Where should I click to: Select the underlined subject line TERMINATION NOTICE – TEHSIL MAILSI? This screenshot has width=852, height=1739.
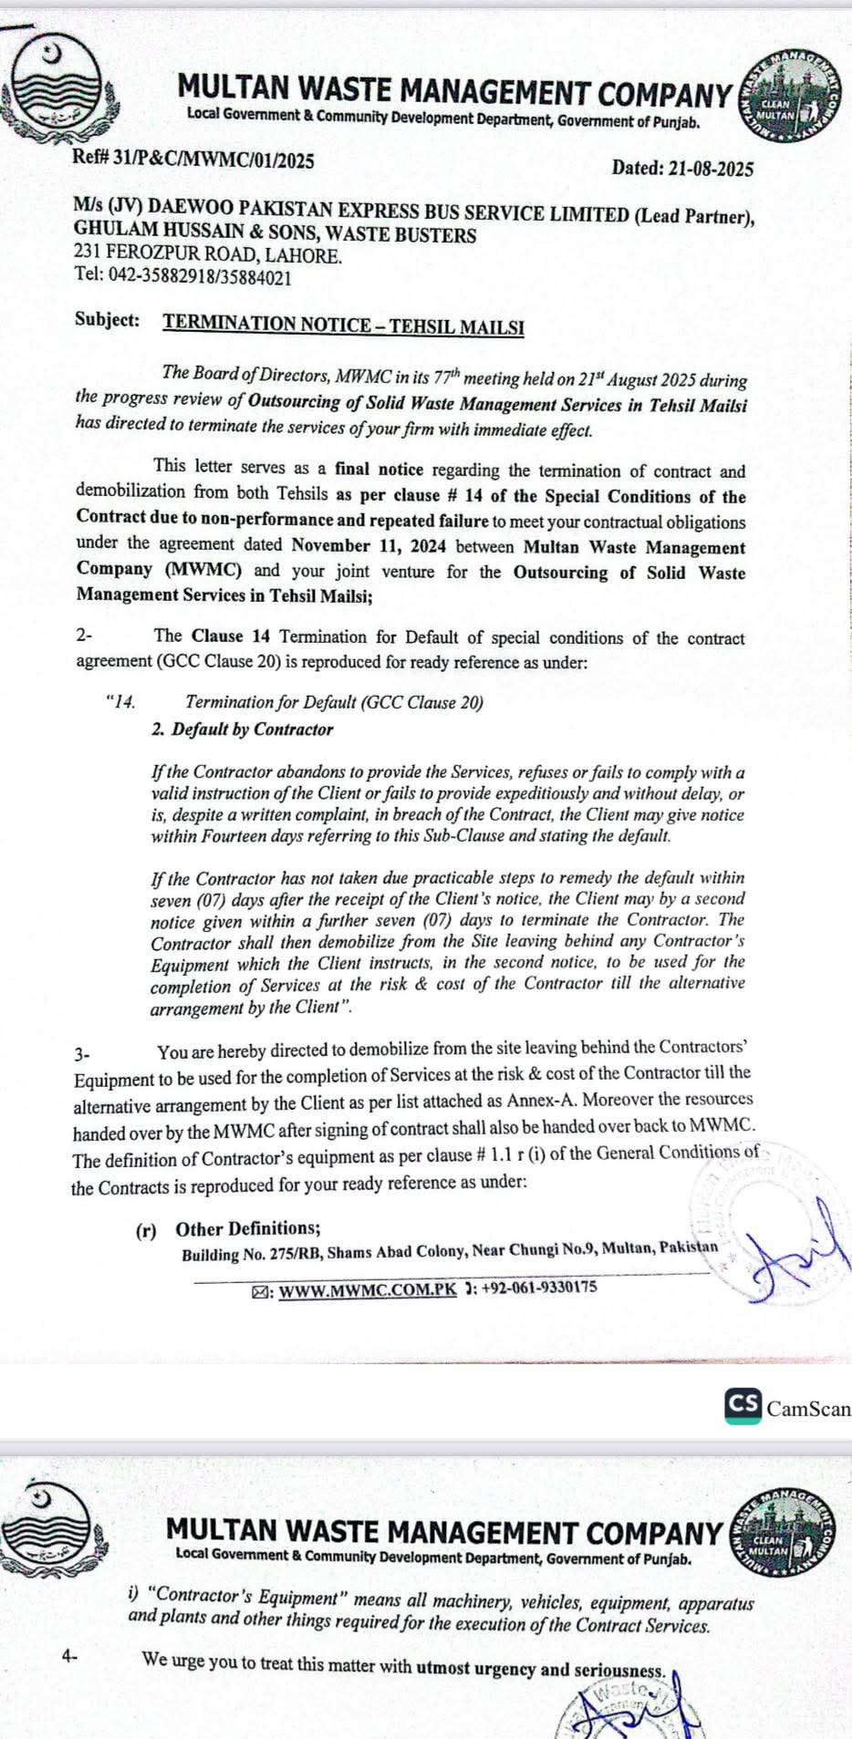343,325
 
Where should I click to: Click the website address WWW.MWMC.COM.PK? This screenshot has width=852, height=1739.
367,1290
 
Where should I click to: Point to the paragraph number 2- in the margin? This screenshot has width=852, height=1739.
84,636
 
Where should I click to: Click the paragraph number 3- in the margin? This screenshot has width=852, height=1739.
82,1054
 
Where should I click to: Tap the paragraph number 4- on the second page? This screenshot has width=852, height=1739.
70,1657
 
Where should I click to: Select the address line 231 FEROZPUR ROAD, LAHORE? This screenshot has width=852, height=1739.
209,256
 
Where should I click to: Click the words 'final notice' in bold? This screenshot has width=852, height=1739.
379,471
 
